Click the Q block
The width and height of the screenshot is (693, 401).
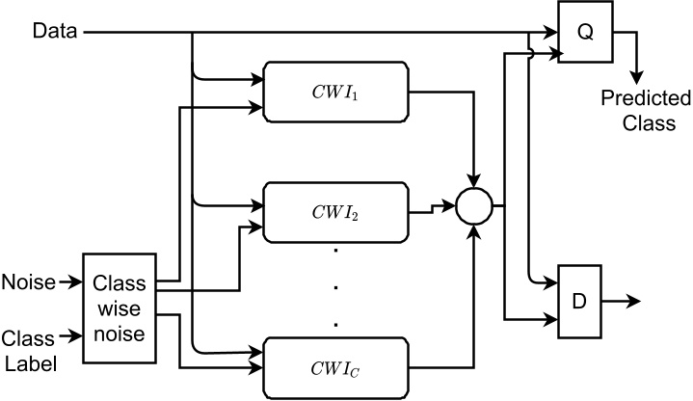(x=584, y=33)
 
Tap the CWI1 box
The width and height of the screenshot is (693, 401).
(x=338, y=94)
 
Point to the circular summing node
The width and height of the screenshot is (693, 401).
(x=474, y=205)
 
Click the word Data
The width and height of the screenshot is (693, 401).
(x=56, y=32)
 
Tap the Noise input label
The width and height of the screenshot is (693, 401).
(x=29, y=282)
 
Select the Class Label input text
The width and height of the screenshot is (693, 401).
(x=29, y=350)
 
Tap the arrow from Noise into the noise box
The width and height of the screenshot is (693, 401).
(x=70, y=282)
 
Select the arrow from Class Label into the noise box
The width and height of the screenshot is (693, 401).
(x=70, y=337)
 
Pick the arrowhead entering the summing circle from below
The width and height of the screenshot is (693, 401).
(x=474, y=230)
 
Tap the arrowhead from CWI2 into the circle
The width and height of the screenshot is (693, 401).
(x=449, y=205)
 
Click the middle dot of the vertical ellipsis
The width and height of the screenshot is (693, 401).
(x=338, y=286)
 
